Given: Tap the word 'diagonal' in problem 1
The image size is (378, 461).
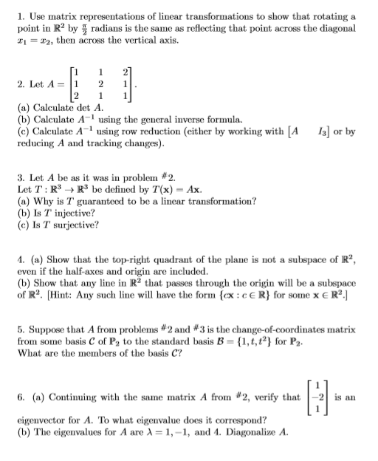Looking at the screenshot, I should click(337, 27).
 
